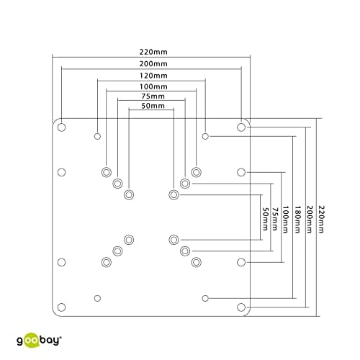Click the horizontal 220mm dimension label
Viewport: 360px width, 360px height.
pyautogui.click(x=153, y=52)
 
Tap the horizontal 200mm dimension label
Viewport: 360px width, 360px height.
pyautogui.click(x=153, y=64)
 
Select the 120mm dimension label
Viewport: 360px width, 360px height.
pyautogui.click(x=153, y=76)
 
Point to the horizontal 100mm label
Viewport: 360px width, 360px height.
pyautogui.click(x=153, y=86)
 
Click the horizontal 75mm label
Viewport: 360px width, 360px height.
pyautogui.click(x=153, y=96)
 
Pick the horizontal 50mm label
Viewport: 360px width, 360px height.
pyautogui.click(x=153, y=106)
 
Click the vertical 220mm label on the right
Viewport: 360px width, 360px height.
pyautogui.click(x=321, y=219)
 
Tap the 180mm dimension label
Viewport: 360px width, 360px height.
pyautogui.click(x=297, y=219)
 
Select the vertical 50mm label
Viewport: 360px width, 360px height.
pyautogui.click(x=265, y=219)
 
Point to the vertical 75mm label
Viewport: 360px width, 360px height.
pyautogui.click(x=275, y=219)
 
